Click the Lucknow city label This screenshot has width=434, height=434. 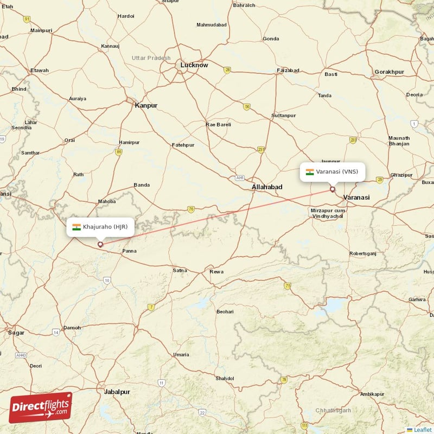[194, 65]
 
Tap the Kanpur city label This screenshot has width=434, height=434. [146, 105]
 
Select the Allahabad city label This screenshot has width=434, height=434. [267, 187]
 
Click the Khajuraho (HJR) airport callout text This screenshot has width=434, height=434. [105, 227]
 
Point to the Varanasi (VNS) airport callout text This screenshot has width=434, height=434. [337, 171]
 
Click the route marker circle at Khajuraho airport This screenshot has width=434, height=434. [100, 244]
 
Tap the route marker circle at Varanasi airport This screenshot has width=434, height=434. [333, 189]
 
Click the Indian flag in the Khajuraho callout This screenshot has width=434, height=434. [76, 227]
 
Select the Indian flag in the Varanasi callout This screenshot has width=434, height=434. [310, 171]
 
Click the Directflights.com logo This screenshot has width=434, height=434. [41, 407]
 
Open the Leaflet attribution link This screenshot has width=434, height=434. [422, 430]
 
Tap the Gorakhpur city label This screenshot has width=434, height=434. [389, 72]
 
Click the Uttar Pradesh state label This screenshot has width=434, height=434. [151, 58]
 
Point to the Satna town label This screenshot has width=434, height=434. [180, 270]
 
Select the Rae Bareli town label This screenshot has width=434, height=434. [218, 124]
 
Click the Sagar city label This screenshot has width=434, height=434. [16, 333]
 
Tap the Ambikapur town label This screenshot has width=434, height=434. [372, 394]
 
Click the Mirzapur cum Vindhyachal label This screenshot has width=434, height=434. [328, 213]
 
